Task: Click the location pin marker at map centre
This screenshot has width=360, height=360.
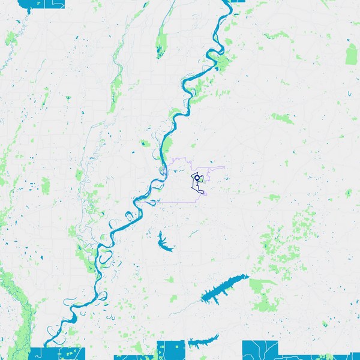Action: coord(196,178)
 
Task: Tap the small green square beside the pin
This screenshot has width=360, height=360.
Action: coord(201,179)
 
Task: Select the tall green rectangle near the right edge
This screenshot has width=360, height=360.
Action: coord(352,54)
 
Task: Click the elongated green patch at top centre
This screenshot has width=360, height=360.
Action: coord(161,43)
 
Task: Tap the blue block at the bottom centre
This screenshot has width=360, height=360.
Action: coord(170,350)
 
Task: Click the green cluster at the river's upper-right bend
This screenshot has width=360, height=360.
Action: coord(223,62)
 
